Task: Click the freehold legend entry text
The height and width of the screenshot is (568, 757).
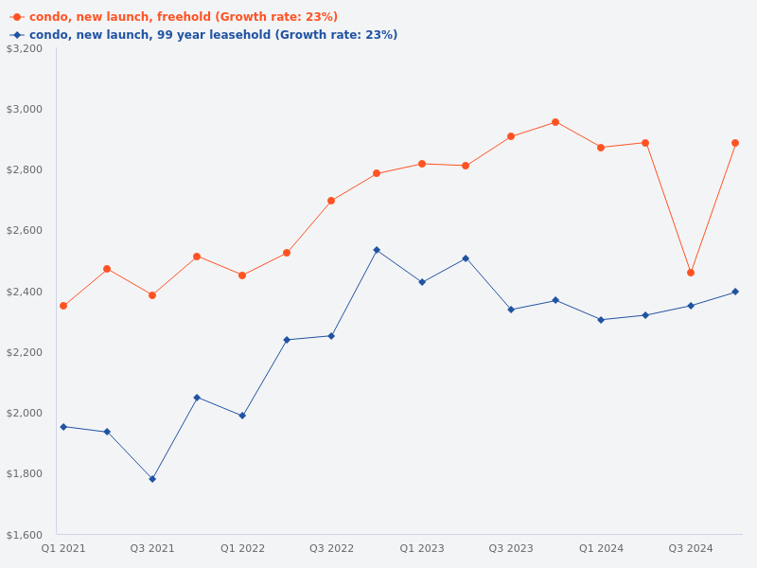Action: (183, 17)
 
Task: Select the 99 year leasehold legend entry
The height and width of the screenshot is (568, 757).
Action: (213, 35)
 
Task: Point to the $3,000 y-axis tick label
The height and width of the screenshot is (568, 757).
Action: (25, 109)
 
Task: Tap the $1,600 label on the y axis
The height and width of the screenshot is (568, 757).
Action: (25, 534)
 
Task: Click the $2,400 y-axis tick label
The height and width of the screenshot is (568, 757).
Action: (25, 292)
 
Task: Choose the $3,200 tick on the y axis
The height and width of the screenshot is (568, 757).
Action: (25, 48)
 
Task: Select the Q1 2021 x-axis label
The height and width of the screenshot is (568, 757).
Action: (63, 548)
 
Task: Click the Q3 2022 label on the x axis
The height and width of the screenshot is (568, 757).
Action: (331, 548)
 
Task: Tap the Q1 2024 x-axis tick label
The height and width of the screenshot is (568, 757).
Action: (601, 548)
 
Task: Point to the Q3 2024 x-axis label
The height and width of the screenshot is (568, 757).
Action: (691, 548)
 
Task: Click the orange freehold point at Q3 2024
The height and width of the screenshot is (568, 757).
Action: (691, 273)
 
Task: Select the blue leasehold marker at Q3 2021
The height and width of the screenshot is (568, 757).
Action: (152, 479)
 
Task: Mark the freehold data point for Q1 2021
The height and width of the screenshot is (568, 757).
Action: (63, 306)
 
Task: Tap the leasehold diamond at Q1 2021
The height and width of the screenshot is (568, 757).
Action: (63, 427)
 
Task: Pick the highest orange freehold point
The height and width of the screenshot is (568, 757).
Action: (555, 122)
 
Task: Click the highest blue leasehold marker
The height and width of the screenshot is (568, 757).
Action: (377, 250)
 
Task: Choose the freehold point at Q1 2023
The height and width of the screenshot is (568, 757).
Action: (422, 164)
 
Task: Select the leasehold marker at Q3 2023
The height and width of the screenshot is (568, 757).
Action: (511, 310)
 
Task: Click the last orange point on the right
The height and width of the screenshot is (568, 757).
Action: (735, 143)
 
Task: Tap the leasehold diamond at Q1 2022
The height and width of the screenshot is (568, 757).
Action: (242, 416)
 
